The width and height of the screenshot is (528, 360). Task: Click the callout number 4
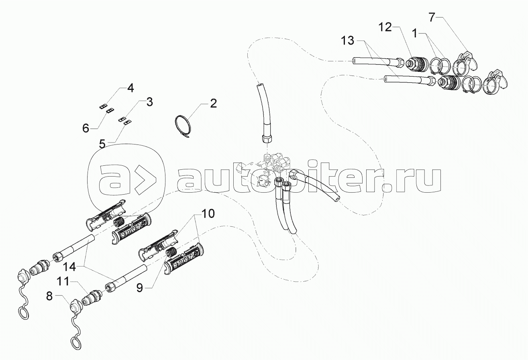coord(130,87)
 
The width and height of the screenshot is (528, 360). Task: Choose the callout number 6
coord(86,128)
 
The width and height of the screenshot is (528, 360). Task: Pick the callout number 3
coord(149,102)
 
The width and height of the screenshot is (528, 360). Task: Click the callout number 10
coord(208,213)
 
